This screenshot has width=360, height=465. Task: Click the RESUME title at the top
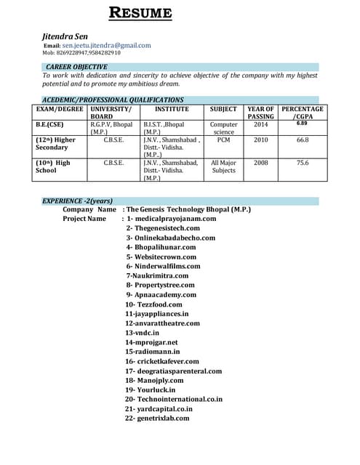click(140, 12)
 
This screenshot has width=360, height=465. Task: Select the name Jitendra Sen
click(67, 35)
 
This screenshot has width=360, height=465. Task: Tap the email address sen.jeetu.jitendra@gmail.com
click(106, 45)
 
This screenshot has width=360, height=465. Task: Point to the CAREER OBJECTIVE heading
click(76, 67)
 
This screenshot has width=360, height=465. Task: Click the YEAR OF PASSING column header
click(260, 113)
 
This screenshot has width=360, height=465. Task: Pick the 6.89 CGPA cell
click(302, 124)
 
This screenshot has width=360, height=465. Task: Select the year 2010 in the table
click(260, 139)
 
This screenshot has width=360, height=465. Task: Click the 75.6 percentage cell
click(303, 163)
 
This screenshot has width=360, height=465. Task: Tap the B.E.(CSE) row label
click(49, 124)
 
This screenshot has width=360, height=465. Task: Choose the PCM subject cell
click(223, 139)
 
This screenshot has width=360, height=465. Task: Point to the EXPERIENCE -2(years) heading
click(77, 200)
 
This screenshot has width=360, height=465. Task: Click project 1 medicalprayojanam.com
click(172, 218)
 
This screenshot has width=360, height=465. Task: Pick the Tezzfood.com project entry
click(154, 304)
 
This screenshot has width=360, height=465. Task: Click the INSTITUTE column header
click(172, 109)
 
